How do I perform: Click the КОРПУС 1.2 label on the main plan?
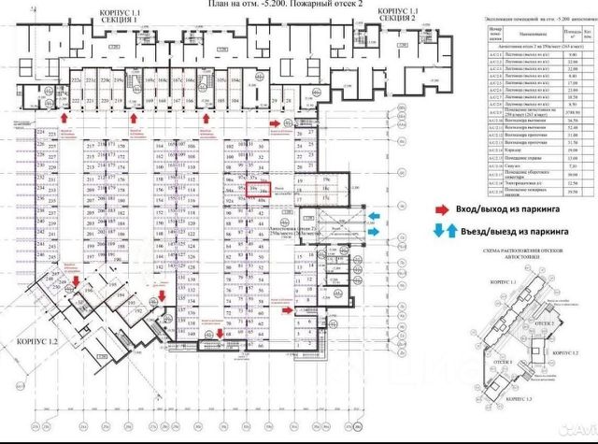pos(37,342)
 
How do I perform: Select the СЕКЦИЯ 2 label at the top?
pos(400,18)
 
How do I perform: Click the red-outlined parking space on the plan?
pos(264,190)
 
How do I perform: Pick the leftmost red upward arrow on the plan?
pos(64,117)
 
